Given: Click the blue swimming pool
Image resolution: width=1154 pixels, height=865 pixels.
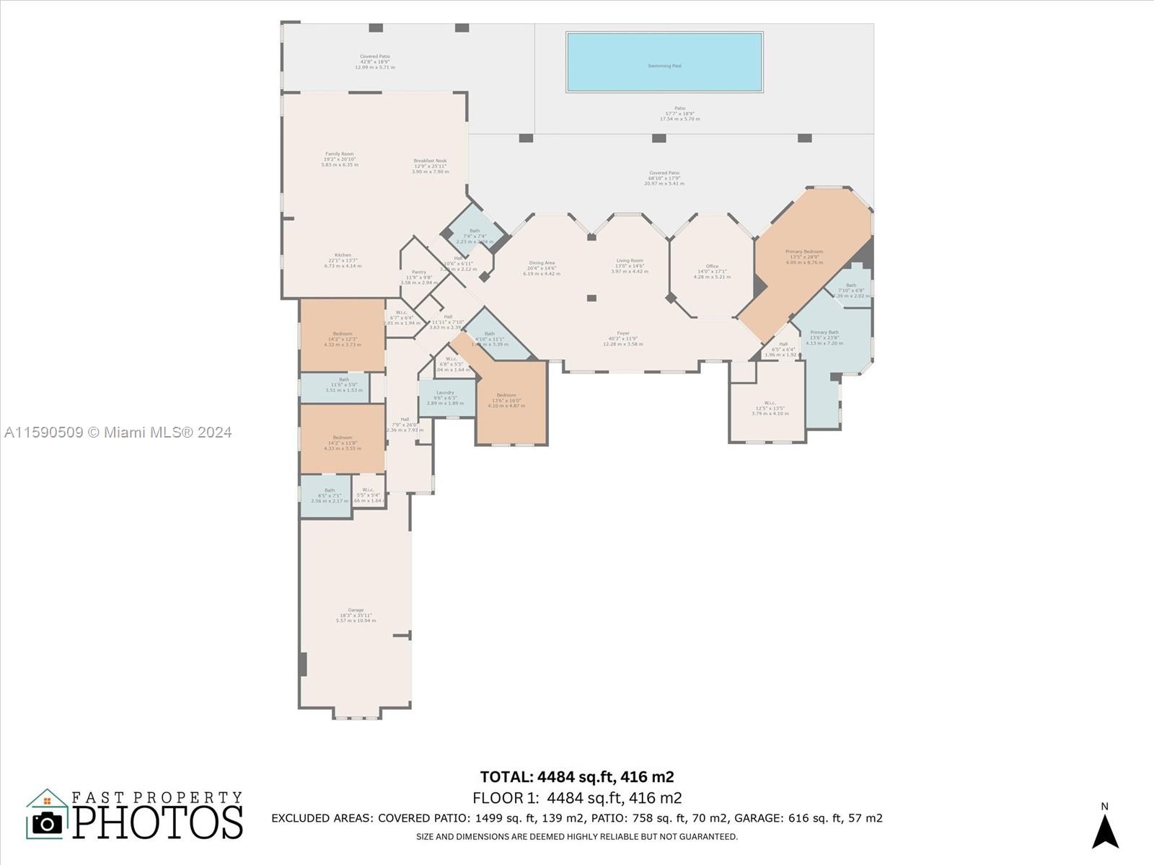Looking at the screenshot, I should click(x=664, y=62).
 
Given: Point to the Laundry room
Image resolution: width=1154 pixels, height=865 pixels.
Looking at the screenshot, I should click(x=446, y=397).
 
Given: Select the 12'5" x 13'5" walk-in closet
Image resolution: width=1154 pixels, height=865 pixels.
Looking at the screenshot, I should click(x=770, y=408).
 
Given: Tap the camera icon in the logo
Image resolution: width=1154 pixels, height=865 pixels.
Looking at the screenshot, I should click(x=48, y=822).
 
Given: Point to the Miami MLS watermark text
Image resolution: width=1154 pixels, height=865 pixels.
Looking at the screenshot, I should click(x=118, y=432).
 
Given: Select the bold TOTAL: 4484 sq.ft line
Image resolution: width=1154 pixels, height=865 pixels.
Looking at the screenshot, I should click(x=577, y=776).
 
